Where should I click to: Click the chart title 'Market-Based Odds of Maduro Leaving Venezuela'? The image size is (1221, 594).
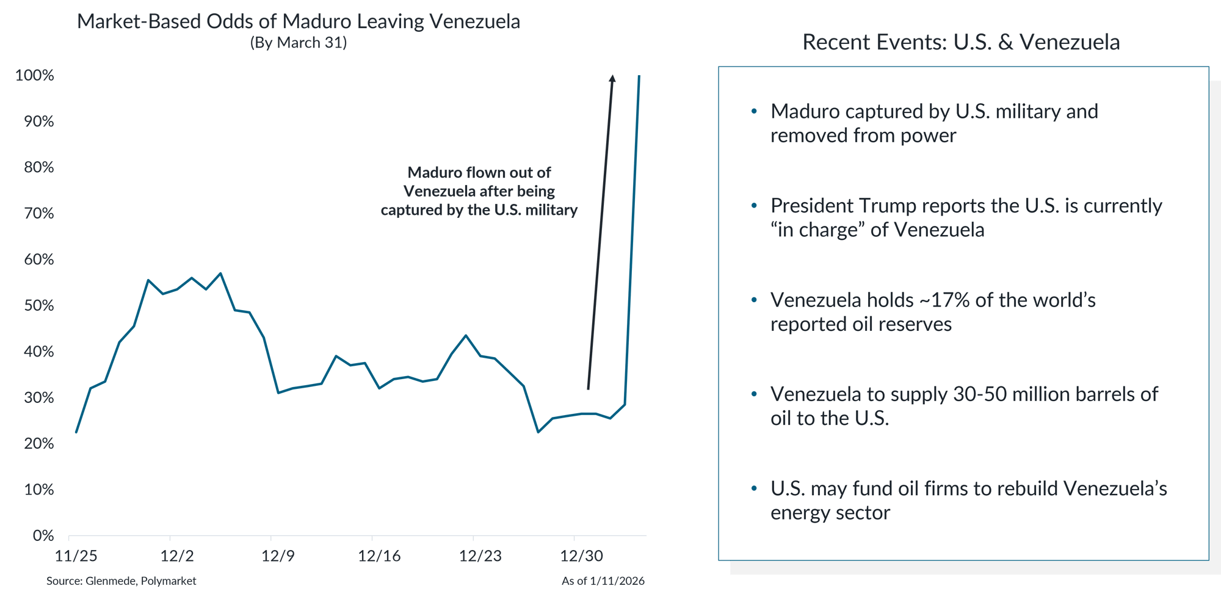[x=299, y=22]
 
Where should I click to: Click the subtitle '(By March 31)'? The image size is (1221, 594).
[x=299, y=43]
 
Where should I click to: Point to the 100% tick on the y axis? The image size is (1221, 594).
[x=35, y=76]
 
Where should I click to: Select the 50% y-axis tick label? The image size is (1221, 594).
[x=39, y=306]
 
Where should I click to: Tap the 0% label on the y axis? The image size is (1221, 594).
[x=43, y=536]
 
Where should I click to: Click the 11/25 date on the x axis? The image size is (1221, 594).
[x=76, y=556]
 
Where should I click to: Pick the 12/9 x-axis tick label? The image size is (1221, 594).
[x=278, y=556]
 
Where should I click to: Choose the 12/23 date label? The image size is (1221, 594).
[x=480, y=556]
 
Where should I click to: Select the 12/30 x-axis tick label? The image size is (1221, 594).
[x=581, y=556]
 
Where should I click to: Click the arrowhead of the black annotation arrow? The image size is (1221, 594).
[x=612, y=78]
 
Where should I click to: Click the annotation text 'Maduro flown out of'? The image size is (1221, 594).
[x=479, y=173]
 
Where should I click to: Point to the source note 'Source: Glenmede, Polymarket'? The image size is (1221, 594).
[x=121, y=581]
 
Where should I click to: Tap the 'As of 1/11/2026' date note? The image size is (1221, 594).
[x=603, y=581]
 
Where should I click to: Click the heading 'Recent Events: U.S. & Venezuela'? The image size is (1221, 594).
[x=961, y=43]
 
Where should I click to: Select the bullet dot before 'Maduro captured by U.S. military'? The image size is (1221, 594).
[x=755, y=112]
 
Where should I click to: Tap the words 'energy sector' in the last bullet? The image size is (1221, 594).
[x=830, y=513]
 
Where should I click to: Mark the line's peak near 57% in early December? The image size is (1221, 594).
[x=220, y=273]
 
